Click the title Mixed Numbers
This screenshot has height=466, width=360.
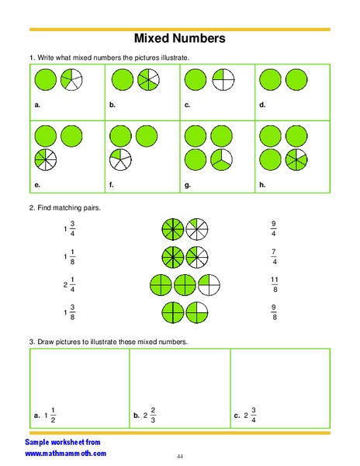click(180, 38)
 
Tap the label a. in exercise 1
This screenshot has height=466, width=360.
click(37, 103)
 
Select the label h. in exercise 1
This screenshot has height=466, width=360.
click(262, 185)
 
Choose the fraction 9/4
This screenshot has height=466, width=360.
click(273, 229)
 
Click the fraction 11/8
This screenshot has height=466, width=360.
click(273, 283)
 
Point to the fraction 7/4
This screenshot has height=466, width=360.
click(273, 256)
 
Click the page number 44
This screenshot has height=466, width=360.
click(179, 456)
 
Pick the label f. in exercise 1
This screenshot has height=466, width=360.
click(112, 185)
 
